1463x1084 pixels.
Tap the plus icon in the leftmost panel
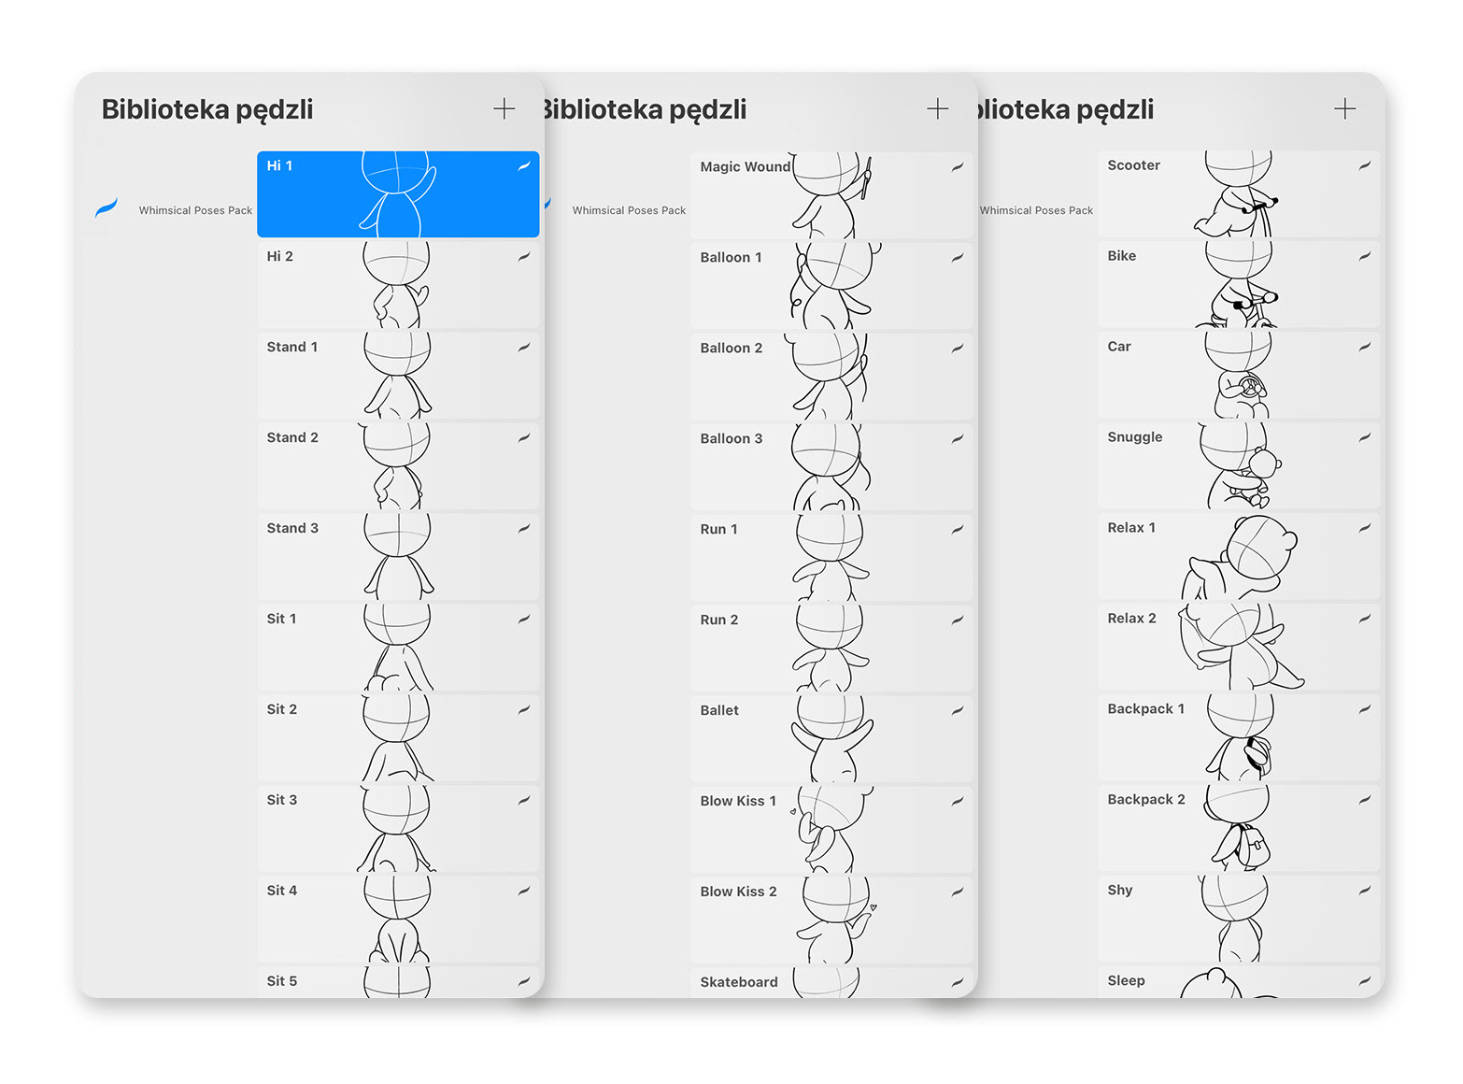coord(504,109)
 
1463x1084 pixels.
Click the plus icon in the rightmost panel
coord(1344,109)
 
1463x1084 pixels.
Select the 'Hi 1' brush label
coord(279,165)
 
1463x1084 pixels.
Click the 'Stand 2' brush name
coord(292,437)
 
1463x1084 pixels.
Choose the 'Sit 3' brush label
coord(281,800)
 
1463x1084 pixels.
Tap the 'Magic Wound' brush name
coord(745,166)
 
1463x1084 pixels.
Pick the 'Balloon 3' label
coord(731,438)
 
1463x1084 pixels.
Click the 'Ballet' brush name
coord(719,710)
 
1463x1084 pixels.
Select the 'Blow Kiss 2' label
coord(738,891)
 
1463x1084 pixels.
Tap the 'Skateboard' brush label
coord(738,982)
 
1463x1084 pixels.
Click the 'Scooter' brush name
coord(1133,165)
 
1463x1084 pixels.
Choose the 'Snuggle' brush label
coord(1134,437)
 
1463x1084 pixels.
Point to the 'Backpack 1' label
coord(1145,709)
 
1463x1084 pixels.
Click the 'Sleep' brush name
coord(1126,980)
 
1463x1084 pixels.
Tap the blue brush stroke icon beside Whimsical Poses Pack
coord(107,208)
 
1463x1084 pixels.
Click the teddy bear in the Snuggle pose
coord(1264,464)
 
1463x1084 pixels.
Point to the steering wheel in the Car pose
coord(1249,385)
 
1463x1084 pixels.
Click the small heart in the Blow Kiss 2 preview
coord(874,906)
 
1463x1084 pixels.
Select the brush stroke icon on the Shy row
coord(1364,891)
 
